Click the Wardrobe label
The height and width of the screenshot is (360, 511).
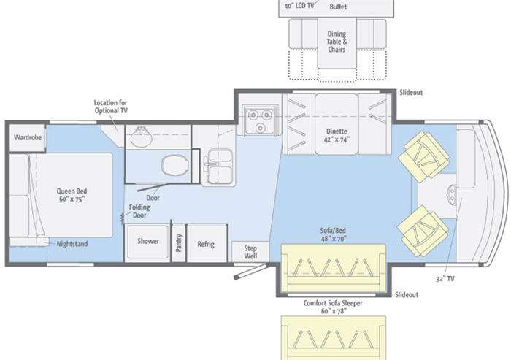tap(28, 137)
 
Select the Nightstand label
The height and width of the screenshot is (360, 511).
tap(72, 244)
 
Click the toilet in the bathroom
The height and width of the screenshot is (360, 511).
tap(175, 166)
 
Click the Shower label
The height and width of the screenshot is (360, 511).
tap(148, 241)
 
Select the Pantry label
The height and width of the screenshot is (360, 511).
tap(179, 243)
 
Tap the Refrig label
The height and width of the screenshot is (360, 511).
tap(206, 244)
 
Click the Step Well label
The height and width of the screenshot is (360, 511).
tap(250, 252)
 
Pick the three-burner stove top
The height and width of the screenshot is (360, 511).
tap(260, 120)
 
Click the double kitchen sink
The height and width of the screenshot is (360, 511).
tap(220, 166)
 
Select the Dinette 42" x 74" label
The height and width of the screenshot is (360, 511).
tap(337, 135)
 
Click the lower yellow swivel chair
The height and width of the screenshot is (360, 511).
tap(423, 230)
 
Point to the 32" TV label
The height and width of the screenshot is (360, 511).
tap(445, 279)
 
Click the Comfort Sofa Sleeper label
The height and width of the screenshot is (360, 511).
tap(333, 303)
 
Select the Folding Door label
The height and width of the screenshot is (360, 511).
tap(139, 211)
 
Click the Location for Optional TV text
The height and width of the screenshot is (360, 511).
tap(111, 107)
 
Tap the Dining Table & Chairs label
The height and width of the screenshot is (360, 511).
tap(337, 42)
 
